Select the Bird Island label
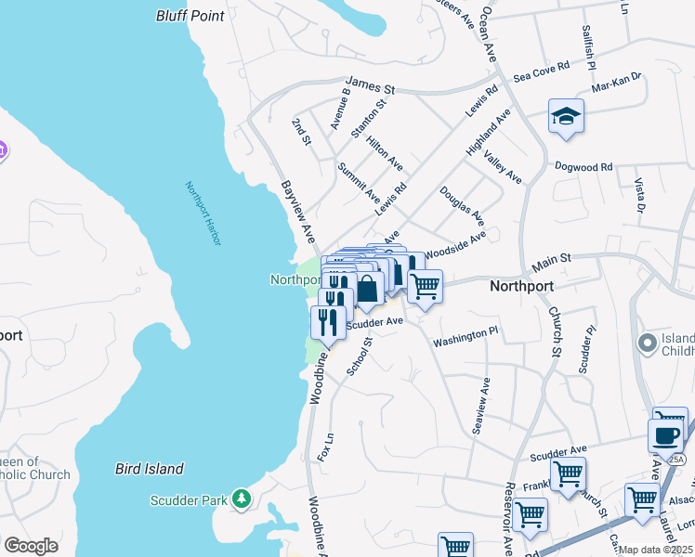(x=149, y=469)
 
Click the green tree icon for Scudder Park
(x=242, y=499)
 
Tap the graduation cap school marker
(x=566, y=116)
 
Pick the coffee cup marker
(x=666, y=434)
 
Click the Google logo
(x=31, y=546)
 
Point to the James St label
(x=370, y=85)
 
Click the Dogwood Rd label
(x=584, y=167)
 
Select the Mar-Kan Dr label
(x=617, y=82)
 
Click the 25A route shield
(x=675, y=460)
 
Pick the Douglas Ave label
(x=462, y=205)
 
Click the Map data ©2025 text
(x=654, y=550)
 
